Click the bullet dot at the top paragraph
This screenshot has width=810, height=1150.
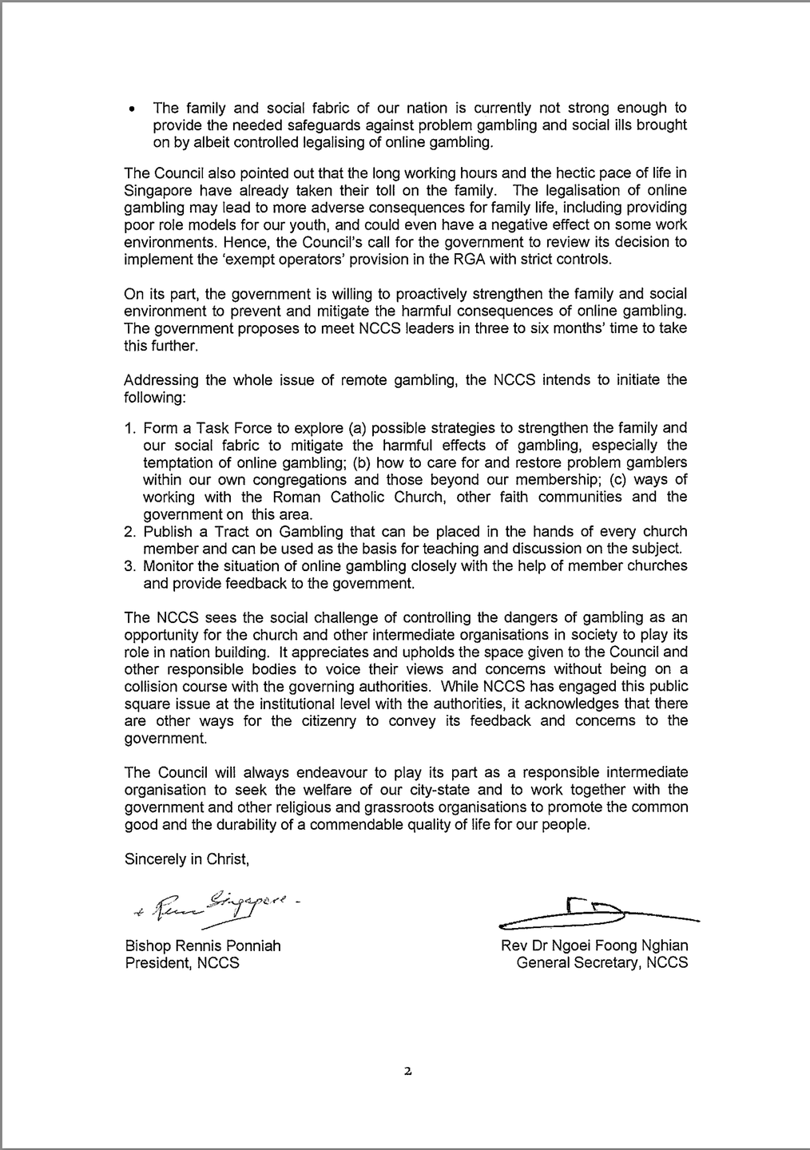[x=132, y=109]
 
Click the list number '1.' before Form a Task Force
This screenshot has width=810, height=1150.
[x=130, y=427]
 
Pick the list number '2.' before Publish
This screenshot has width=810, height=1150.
[x=130, y=531]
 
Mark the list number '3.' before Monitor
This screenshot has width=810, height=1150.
[x=130, y=565]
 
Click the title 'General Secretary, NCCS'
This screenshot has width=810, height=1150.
[x=602, y=962]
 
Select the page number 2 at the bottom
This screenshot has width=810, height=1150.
[x=407, y=1072]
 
